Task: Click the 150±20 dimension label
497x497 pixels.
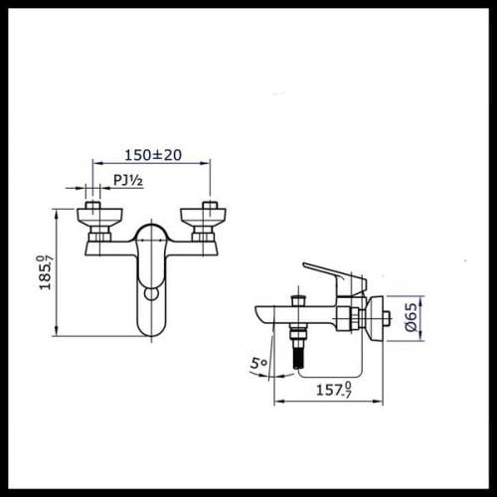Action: [153, 155]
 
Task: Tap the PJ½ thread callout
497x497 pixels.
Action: [128, 180]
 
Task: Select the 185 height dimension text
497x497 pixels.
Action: [46, 272]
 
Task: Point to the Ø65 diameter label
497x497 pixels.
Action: [412, 317]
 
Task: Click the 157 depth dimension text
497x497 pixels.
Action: [334, 390]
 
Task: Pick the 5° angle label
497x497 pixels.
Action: [258, 363]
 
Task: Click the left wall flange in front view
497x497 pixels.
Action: [99, 217]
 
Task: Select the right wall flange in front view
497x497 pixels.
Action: [203, 217]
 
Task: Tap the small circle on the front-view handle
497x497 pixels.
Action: [152, 294]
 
